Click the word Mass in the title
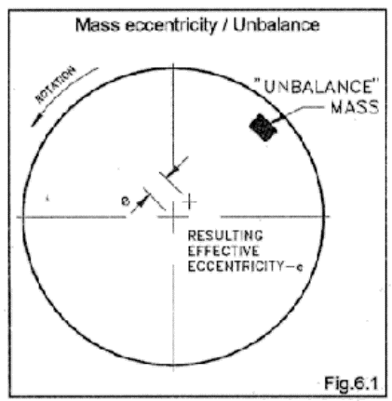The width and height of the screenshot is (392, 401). pyautogui.click(x=98, y=25)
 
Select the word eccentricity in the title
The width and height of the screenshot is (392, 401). pyautogui.click(x=170, y=25)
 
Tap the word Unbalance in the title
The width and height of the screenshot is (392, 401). pyautogui.click(x=277, y=25)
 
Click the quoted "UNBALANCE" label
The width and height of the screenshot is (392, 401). pyautogui.click(x=317, y=87)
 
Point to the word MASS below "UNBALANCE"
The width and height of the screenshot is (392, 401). pyautogui.click(x=355, y=108)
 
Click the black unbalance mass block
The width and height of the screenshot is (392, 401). pyautogui.click(x=264, y=127)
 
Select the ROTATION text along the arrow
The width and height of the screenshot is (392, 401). pyautogui.click(x=56, y=85)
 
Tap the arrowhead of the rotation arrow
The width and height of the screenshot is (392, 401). pyautogui.click(x=36, y=121)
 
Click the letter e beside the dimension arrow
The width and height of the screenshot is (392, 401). pyautogui.click(x=125, y=201)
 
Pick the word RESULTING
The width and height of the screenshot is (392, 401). pyautogui.click(x=225, y=235)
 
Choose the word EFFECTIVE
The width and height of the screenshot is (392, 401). pyautogui.click(x=223, y=251)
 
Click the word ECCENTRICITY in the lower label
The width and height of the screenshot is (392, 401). pyautogui.click(x=236, y=266)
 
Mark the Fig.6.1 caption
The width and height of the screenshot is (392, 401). pyautogui.click(x=351, y=383)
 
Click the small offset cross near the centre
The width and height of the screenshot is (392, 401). pyautogui.click(x=189, y=202)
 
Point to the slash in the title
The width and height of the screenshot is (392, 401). pyautogui.click(x=224, y=25)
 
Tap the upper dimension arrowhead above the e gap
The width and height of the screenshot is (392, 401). pyautogui.click(x=175, y=169)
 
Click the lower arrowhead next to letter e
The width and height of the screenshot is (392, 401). pyautogui.click(x=141, y=203)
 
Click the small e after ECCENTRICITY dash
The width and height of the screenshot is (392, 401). pyautogui.click(x=299, y=267)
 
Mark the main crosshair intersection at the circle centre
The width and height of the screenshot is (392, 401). pyautogui.click(x=173, y=217)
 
